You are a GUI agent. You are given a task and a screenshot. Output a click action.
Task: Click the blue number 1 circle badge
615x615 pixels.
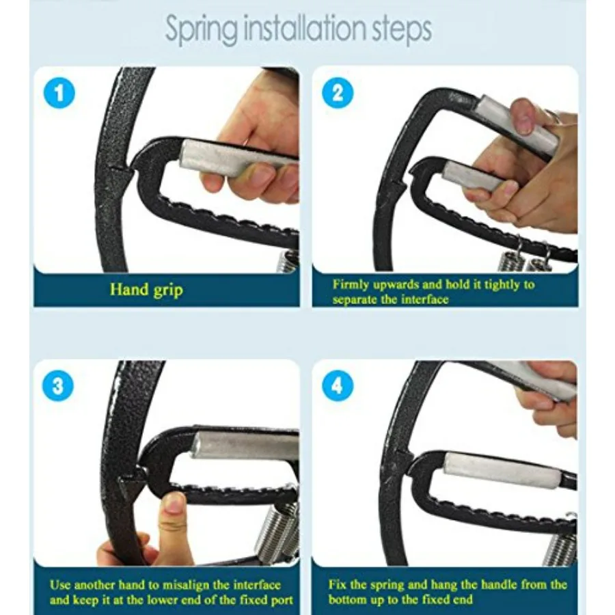point(59,93)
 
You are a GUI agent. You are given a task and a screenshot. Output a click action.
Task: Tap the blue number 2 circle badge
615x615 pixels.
point(337,93)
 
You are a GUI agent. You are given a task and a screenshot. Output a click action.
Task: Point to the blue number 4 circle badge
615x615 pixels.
point(337,387)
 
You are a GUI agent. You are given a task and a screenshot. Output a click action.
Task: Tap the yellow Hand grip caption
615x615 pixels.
point(146,289)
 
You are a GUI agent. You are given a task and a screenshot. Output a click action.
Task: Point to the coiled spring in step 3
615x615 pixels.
point(277,530)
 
